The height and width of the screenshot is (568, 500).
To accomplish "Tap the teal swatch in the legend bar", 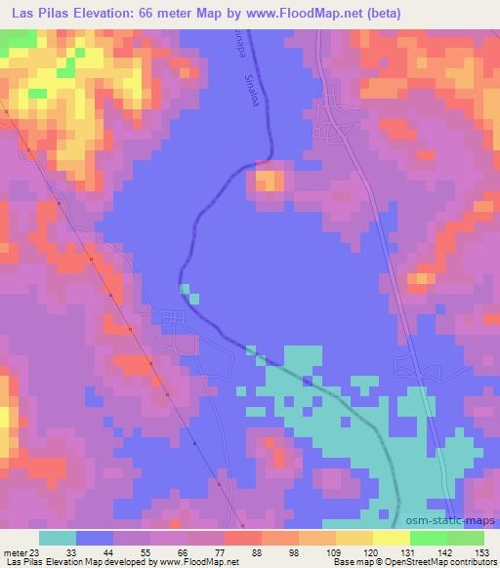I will (x=58, y=538).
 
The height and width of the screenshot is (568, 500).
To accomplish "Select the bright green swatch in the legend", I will (x=428, y=538).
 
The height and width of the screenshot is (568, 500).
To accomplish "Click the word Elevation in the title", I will (x=109, y=12).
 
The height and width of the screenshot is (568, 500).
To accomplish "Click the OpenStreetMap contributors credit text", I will (x=439, y=561).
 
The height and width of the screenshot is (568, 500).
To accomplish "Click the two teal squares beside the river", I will (x=188, y=293).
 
